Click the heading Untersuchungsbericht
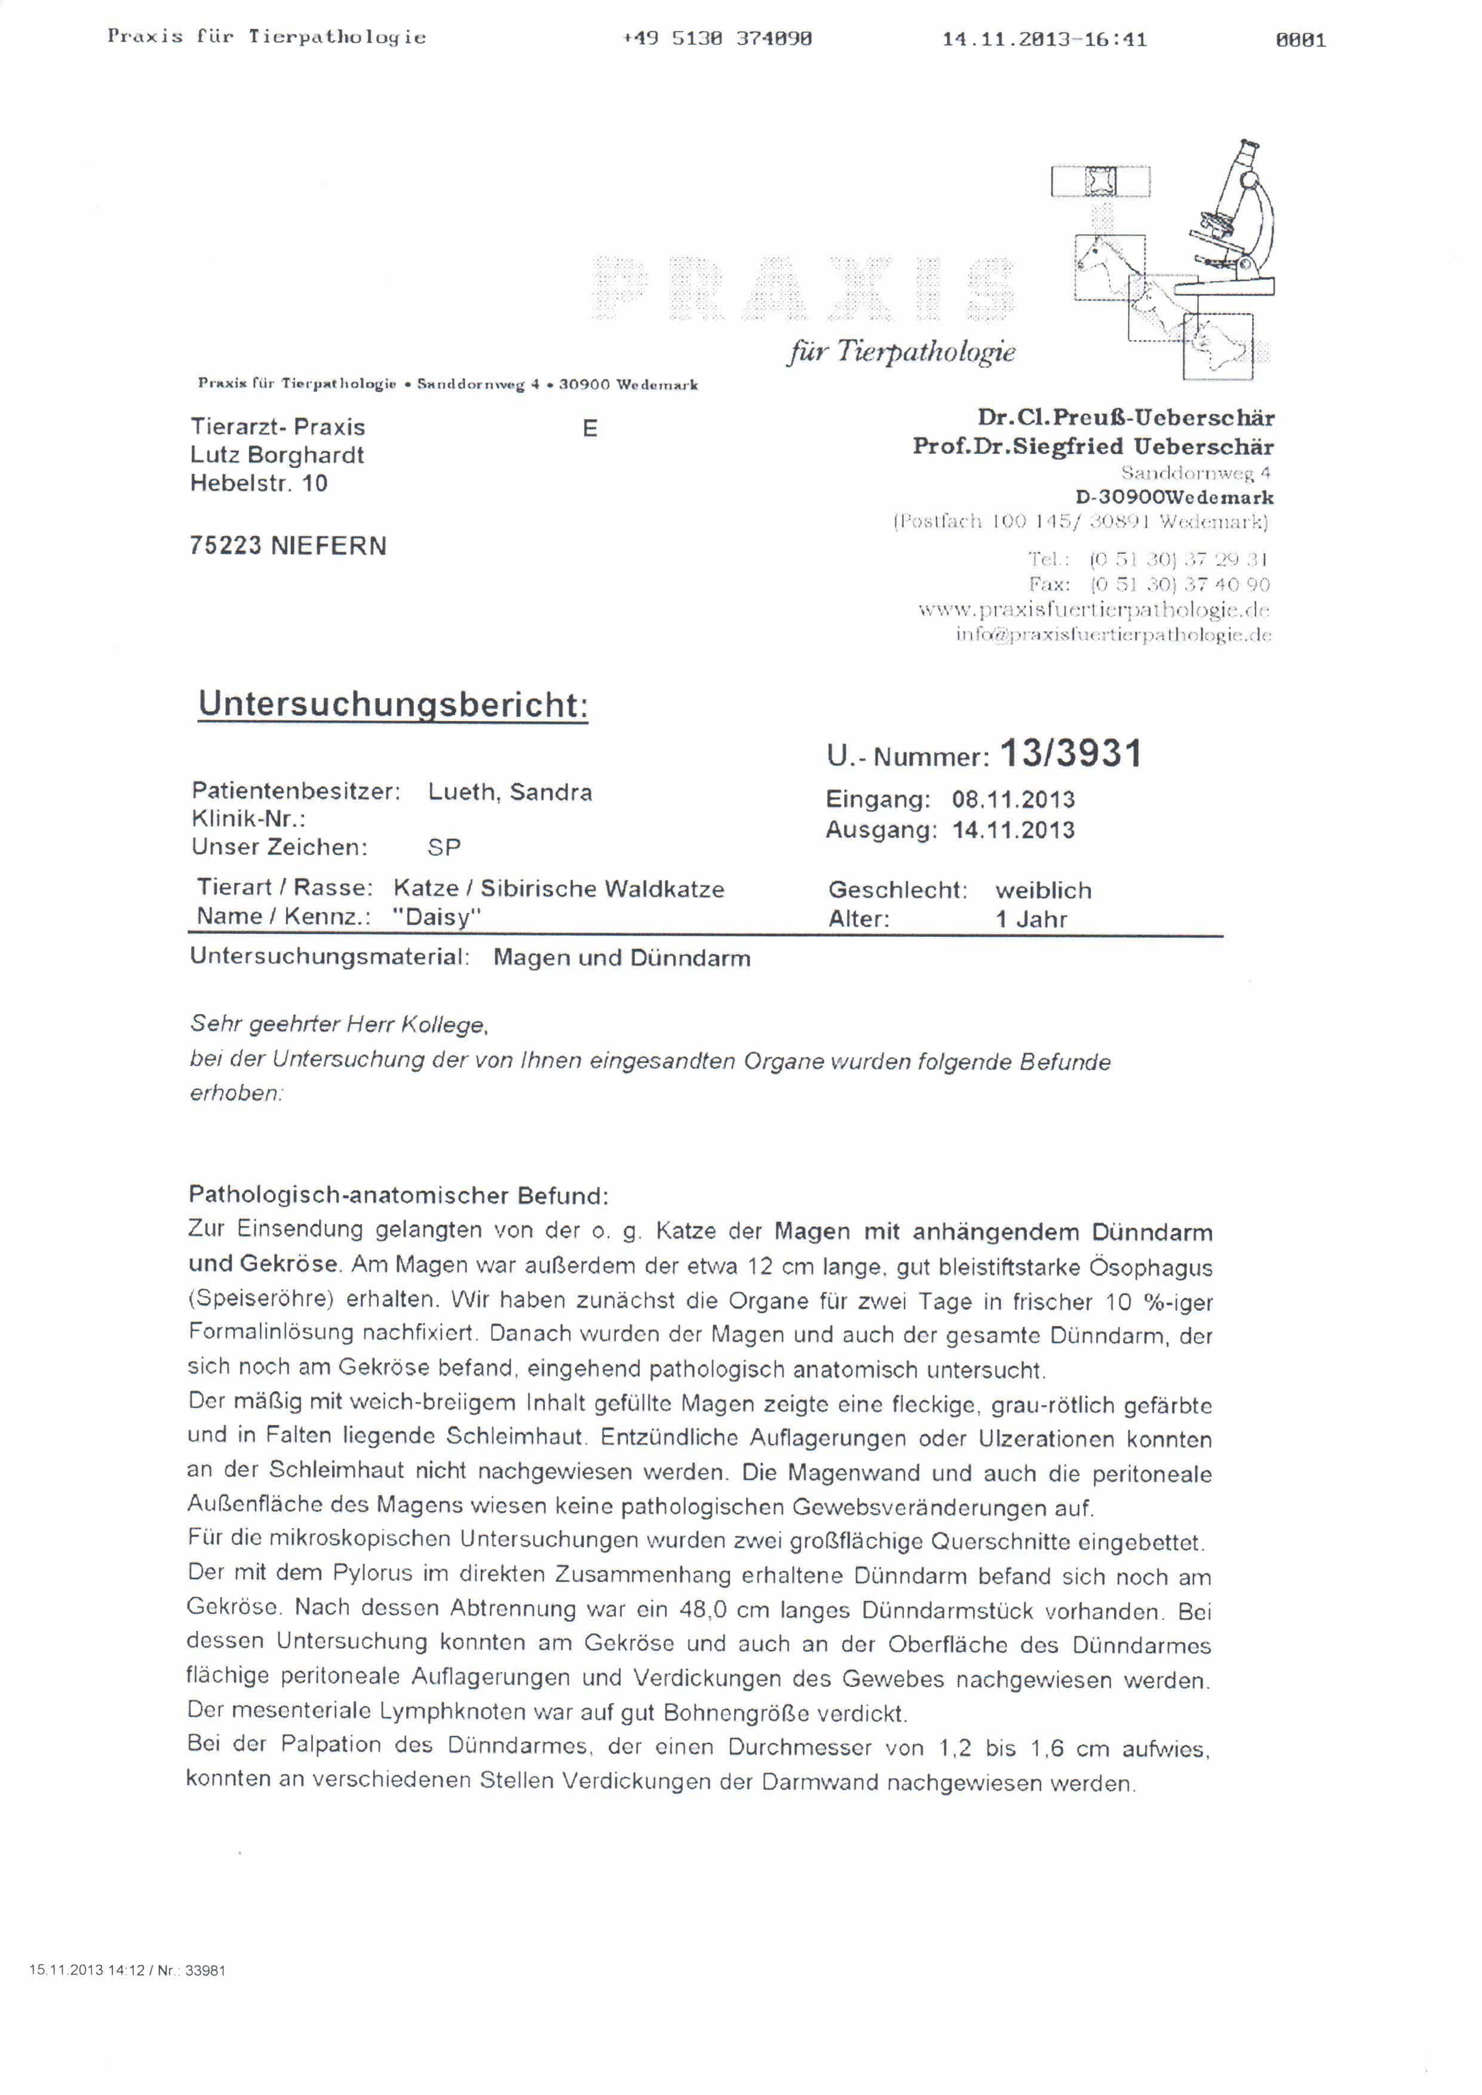click(x=392, y=705)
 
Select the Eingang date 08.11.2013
click(x=1013, y=800)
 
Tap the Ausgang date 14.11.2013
click(x=1013, y=830)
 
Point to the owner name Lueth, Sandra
click(x=509, y=792)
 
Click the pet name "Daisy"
click(x=436, y=917)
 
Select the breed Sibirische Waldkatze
click(x=602, y=889)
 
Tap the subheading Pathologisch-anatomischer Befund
click(x=398, y=1195)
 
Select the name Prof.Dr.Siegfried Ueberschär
click(x=1093, y=446)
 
